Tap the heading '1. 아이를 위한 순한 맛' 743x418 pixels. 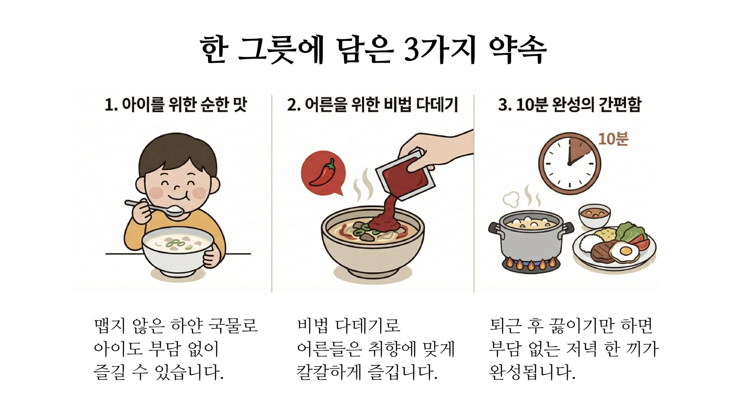(x=176, y=104)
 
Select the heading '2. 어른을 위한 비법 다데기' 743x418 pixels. (x=372, y=104)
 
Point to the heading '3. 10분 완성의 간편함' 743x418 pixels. (x=570, y=104)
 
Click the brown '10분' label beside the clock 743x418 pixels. (x=613, y=139)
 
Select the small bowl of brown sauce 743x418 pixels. (x=595, y=215)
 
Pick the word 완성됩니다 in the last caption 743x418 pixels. (x=532, y=372)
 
